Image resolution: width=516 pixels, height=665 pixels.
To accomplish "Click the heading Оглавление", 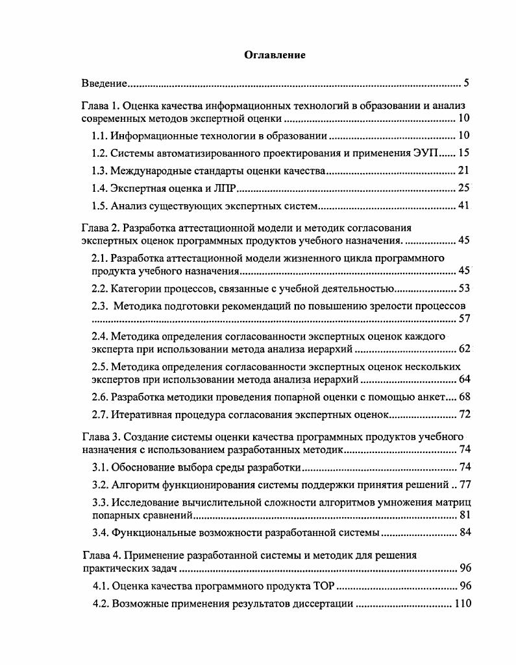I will pyautogui.click(x=275, y=55).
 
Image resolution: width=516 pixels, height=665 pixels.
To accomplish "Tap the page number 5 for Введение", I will pyautogui.click(x=467, y=84).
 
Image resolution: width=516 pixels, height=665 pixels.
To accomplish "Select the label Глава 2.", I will pyautogui.click(x=99, y=228).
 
